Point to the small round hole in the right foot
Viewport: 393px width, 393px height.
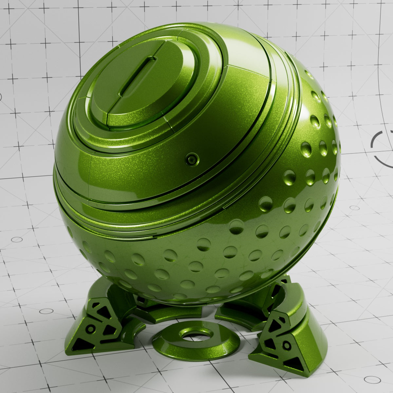pyautogui.click(x=287, y=345)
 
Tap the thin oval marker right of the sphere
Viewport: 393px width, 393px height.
pyautogui.click(x=354, y=208)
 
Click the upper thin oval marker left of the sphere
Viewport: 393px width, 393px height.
pyautogui.click(x=17, y=239)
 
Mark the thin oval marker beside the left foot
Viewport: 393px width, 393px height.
pyautogui.click(x=46, y=311)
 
